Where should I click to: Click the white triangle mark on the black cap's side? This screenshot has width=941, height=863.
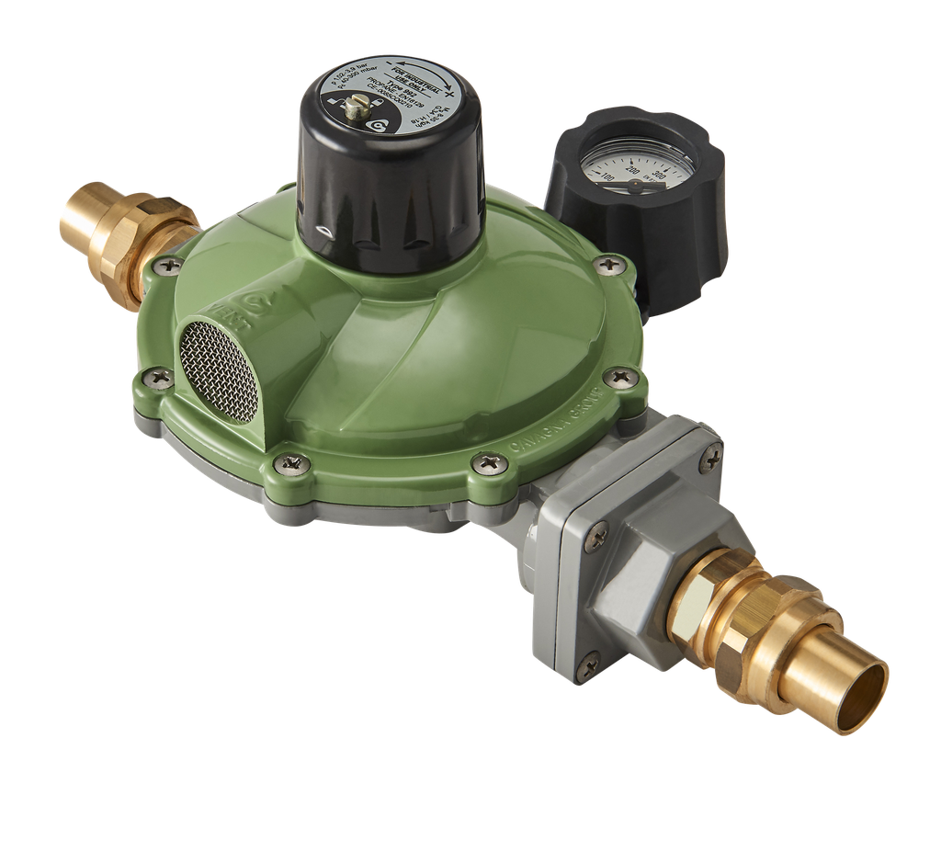click(320, 231)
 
